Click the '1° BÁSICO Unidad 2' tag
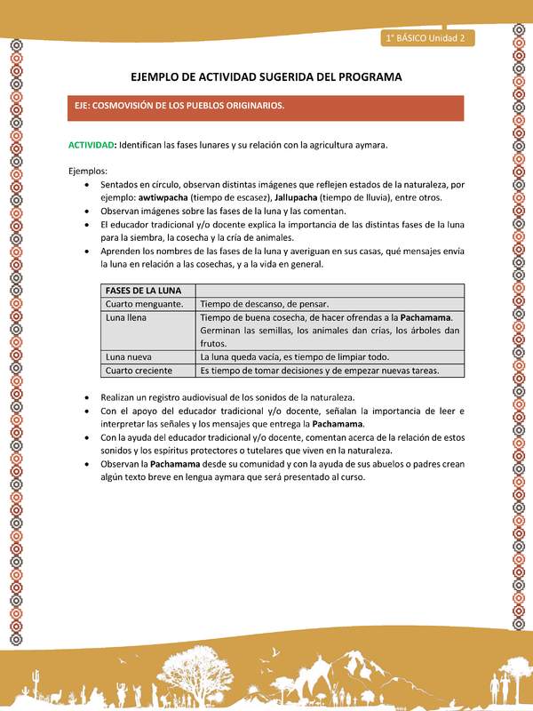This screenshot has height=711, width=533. pos(427,38)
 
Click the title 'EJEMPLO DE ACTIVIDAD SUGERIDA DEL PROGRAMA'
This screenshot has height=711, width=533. pos(266,77)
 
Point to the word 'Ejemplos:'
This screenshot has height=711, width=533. pos(88,171)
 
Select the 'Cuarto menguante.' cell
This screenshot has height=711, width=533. pos(145,304)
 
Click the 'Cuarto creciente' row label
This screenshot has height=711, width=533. pos(139,370)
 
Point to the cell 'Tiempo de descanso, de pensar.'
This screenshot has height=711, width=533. pos(264,304)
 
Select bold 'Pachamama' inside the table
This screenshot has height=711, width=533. pos(426,317)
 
